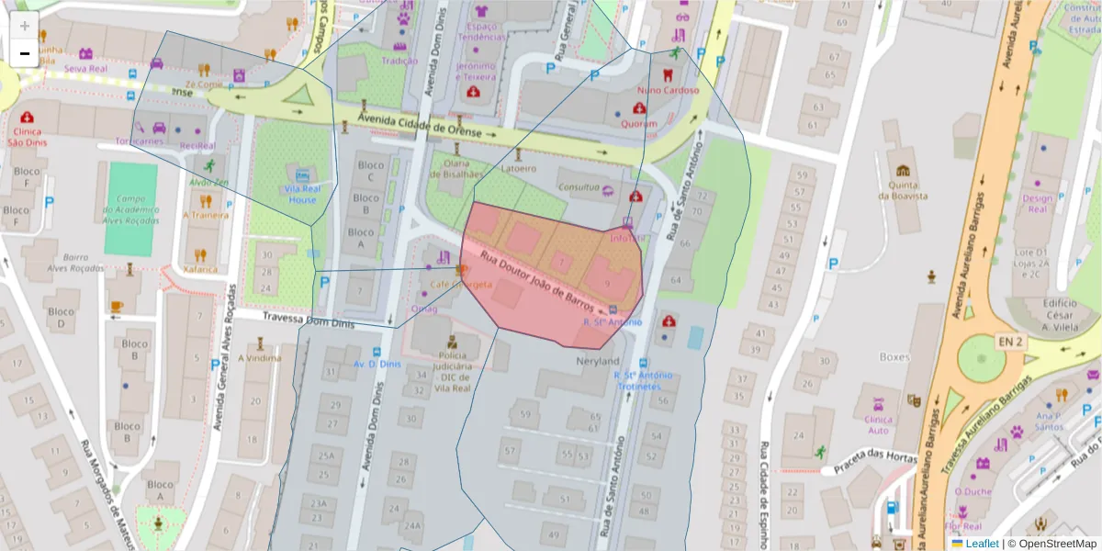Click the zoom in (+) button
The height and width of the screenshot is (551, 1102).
coord(24,26)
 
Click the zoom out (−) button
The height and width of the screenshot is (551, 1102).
coord(24,53)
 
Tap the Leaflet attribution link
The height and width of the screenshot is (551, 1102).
coord(981,544)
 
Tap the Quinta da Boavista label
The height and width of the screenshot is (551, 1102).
coord(905,189)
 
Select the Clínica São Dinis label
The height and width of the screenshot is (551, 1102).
coord(27,136)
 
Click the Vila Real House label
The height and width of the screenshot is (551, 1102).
coord(302,193)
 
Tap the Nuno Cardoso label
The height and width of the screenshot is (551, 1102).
coord(668,90)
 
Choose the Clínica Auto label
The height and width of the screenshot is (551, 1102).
coord(878,424)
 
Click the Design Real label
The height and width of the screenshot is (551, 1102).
coord(1037,203)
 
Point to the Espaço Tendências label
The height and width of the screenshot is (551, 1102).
coord(481,32)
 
